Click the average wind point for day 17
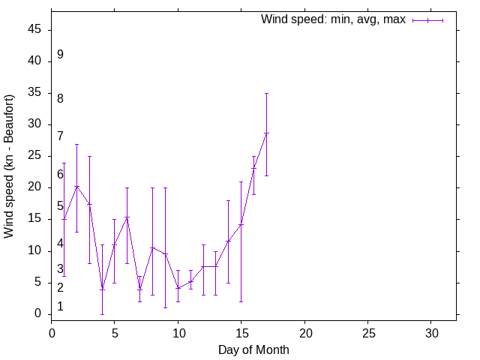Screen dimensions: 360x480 (266, 133)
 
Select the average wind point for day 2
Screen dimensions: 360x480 (76, 186)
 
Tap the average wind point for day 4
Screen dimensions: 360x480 (102, 289)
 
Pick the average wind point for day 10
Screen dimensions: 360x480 (178, 288)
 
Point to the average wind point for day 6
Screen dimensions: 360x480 (127, 217)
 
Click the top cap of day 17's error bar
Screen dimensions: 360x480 (266, 94)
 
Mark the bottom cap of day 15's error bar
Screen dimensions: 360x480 (241, 301)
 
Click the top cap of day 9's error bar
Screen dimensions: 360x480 (165, 187)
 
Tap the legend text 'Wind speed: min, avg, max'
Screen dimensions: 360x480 (333, 19)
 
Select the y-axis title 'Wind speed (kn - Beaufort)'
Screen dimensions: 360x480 (10, 166)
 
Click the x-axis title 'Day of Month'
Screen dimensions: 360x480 (253, 349)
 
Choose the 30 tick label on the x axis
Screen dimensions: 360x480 (430, 331)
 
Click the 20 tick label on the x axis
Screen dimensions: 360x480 (304, 331)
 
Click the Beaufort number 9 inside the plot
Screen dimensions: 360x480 (60, 55)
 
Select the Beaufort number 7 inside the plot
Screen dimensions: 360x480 (60, 136)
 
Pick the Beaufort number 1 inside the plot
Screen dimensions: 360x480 (60, 306)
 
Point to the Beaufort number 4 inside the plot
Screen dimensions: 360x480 (60, 244)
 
